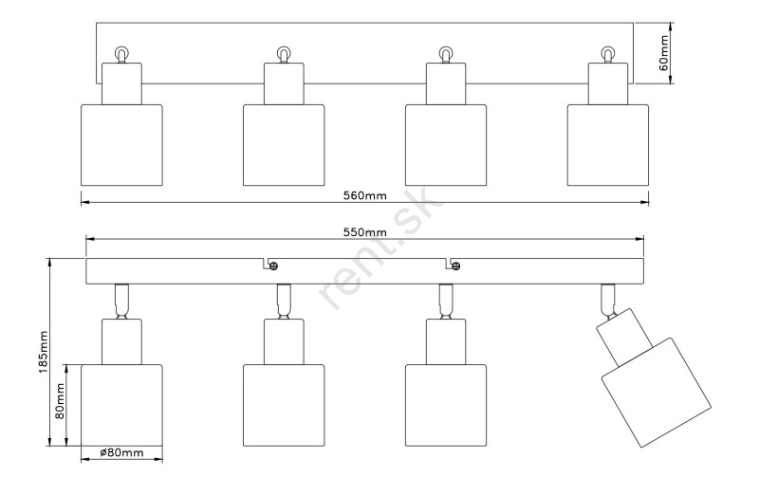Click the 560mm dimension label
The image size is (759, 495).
(365, 195)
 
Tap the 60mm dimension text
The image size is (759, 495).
(664, 53)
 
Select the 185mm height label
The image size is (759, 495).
(43, 352)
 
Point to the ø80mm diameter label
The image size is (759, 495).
(121, 453)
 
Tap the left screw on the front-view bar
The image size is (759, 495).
(272, 266)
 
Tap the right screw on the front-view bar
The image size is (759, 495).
(455, 266)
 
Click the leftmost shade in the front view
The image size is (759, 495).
(121, 403)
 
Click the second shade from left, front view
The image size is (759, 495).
(284, 403)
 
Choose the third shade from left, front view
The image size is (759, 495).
(445, 403)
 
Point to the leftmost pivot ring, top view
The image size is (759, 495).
(120, 53)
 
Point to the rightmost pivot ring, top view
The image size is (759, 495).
(607, 53)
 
